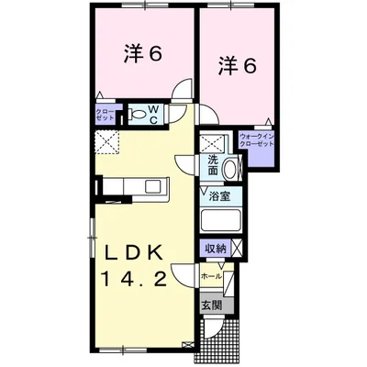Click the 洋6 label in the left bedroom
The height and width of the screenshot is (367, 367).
point(144,55)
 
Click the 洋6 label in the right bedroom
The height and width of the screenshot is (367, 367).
point(236,66)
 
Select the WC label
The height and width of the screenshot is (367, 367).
point(154,116)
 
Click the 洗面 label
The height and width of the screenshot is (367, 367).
point(212,165)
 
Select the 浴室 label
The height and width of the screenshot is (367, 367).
point(218,195)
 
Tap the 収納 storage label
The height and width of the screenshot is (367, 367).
point(216,248)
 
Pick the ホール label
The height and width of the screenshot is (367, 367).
point(210,273)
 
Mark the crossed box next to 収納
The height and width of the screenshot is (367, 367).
point(237,248)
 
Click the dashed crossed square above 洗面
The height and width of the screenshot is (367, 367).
point(213,143)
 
